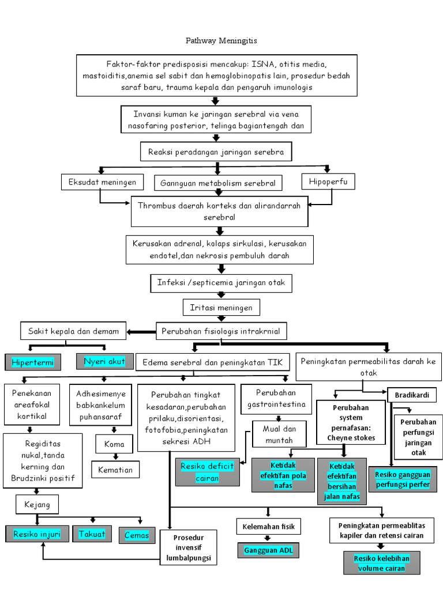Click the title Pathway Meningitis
coord(221,41)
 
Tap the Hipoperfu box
coord(328,182)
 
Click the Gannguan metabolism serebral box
coord(218,183)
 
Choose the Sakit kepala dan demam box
coord(73,331)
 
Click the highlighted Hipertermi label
coord(33,362)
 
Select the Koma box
coord(114,444)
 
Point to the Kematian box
coord(115,470)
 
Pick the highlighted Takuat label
coord(92,534)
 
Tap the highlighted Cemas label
coord(137,535)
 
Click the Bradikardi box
coord(412,395)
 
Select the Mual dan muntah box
coord(277,434)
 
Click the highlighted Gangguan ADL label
coord(268,550)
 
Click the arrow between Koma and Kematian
coord(114,457)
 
